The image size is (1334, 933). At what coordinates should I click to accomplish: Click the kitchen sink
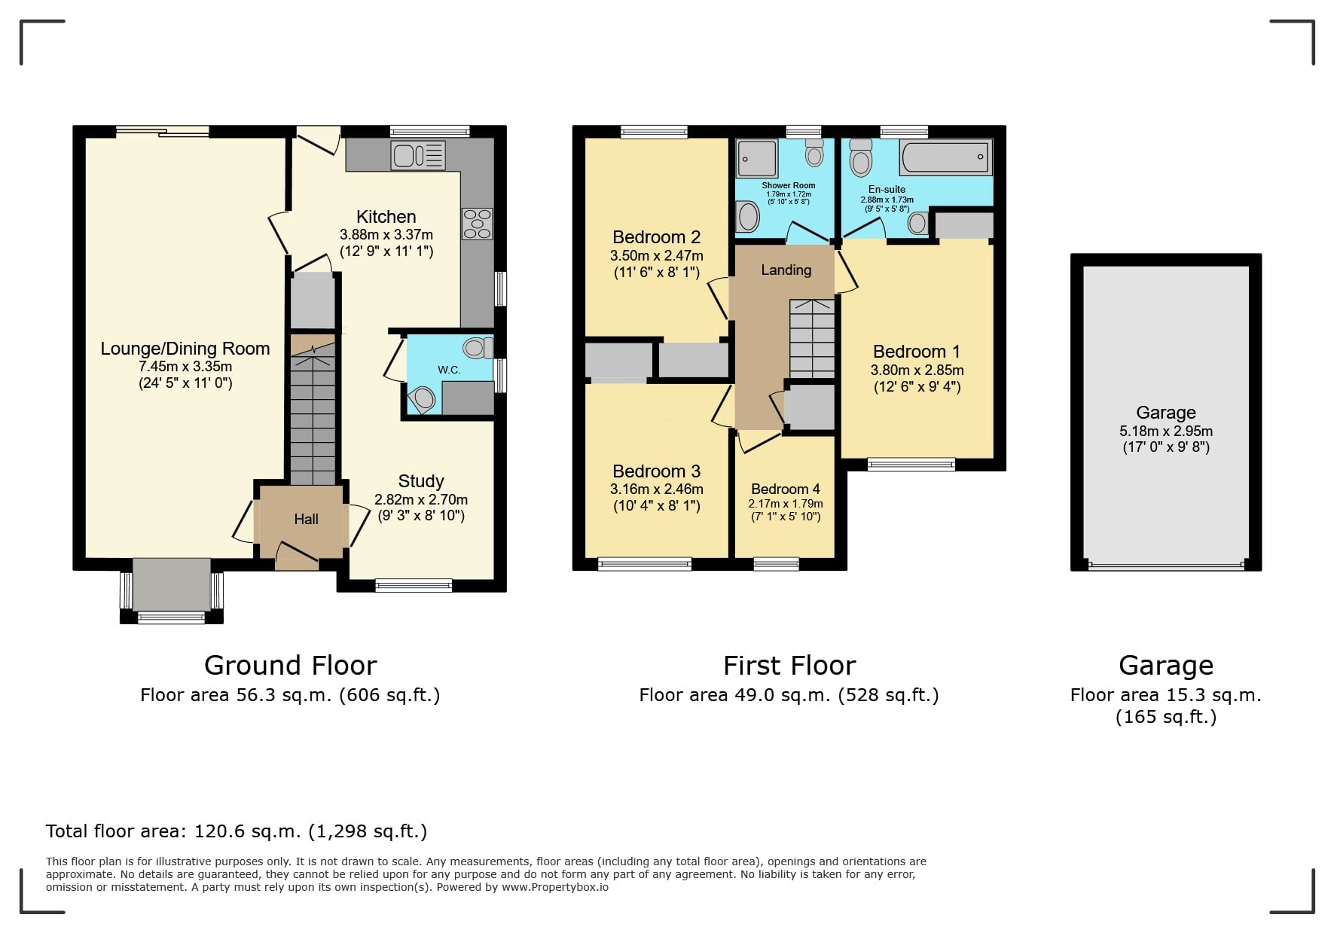pyautogui.click(x=418, y=155)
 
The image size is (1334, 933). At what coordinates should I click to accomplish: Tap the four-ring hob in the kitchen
pyautogui.click(x=477, y=224)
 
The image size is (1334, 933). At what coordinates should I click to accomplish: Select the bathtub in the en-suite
pyautogui.click(x=946, y=157)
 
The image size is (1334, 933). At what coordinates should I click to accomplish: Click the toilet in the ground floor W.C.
pyautogui.click(x=478, y=347)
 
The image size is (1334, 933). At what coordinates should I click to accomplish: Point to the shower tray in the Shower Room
pyautogui.click(x=757, y=158)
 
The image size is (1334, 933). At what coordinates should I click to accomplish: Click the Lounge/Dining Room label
pyautogui.click(x=185, y=349)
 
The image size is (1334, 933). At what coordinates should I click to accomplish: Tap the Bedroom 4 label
pyautogui.click(x=786, y=489)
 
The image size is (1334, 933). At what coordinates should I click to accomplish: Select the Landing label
pyautogui.click(x=786, y=270)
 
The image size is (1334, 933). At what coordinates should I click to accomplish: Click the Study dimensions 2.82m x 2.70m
pyautogui.click(x=421, y=499)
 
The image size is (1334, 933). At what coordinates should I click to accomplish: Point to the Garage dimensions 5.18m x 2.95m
pyautogui.click(x=1166, y=431)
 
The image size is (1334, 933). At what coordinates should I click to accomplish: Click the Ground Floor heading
pyautogui.click(x=290, y=666)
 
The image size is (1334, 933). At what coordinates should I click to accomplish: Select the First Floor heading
pyautogui.click(x=789, y=666)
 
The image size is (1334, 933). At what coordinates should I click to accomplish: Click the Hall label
pyautogui.click(x=306, y=519)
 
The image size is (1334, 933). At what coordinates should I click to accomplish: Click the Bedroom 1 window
pyautogui.click(x=911, y=465)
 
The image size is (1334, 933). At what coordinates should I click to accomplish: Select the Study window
pyautogui.click(x=414, y=585)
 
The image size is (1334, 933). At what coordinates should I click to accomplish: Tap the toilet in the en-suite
pyautogui.click(x=860, y=157)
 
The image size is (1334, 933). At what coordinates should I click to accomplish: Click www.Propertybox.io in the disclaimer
pyautogui.click(x=555, y=887)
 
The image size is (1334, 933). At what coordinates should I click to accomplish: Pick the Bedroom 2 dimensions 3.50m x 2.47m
pyautogui.click(x=657, y=256)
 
